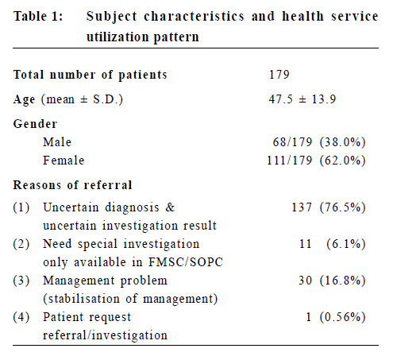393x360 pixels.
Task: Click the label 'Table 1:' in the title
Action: point(38,16)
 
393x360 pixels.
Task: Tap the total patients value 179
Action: point(279,75)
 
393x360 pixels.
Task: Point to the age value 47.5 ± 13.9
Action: point(302,99)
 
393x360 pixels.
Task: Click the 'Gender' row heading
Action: point(35,124)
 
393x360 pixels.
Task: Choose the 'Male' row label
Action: point(57,142)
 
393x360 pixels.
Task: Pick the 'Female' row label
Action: point(64,161)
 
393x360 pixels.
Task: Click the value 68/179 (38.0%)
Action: point(319,142)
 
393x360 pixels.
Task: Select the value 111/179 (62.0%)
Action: point(316,161)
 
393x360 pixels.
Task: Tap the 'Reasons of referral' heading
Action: point(72,185)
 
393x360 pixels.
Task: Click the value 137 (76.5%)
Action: point(329,207)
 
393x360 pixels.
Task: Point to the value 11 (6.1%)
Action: point(333,244)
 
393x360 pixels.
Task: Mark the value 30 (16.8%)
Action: point(332,281)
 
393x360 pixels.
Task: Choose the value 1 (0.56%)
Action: point(336,317)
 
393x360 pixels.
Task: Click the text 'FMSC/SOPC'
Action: point(186,262)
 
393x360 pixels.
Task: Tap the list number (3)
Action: point(21,281)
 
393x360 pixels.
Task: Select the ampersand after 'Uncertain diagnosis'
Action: point(171,207)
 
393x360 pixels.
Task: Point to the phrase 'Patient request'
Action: point(87,317)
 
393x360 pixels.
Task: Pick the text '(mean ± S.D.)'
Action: point(82,99)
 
